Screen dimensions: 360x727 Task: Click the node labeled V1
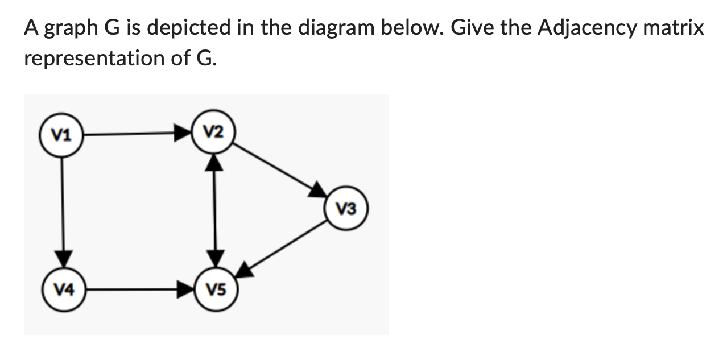(x=61, y=135)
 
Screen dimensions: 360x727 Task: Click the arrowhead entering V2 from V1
(x=183, y=134)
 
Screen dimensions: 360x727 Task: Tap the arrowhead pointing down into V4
(x=62, y=258)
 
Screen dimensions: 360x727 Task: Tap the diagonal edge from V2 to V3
(x=273, y=166)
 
